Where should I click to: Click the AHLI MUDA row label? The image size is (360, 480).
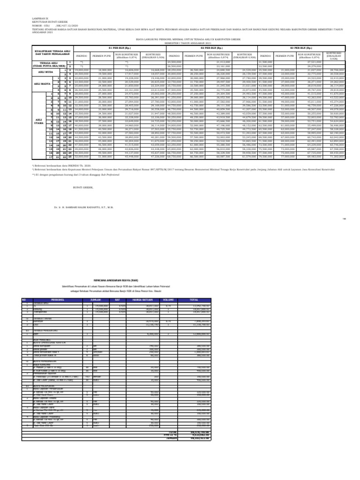tap(45, 73)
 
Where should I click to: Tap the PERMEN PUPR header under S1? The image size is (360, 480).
tap(101, 55)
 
